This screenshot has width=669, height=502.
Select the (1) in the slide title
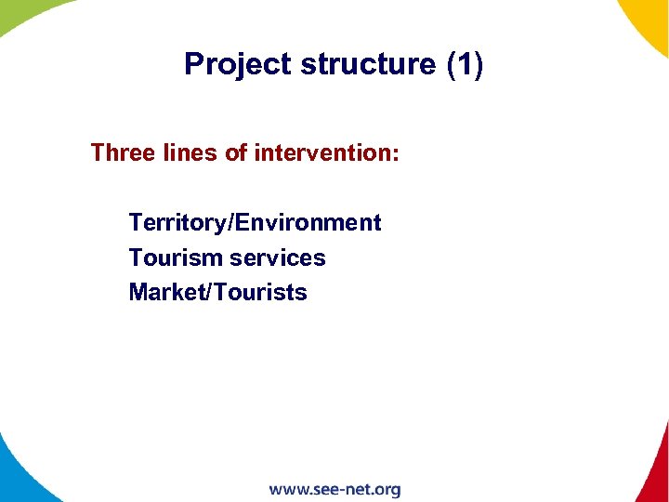(466, 64)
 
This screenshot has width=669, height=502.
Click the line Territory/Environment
(255, 223)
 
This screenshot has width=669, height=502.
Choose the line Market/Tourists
(217, 292)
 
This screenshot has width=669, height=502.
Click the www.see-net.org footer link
(334, 489)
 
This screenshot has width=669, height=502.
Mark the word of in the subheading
(236, 152)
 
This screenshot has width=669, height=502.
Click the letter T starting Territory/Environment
(136, 223)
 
